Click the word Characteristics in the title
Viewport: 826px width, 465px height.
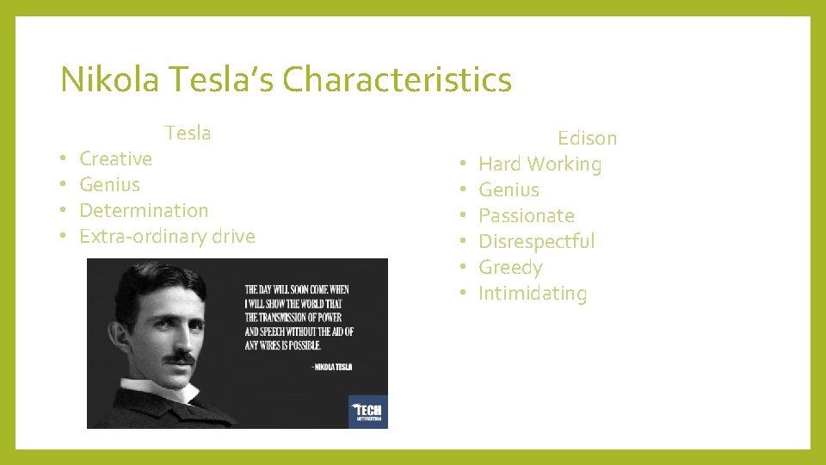click(x=397, y=80)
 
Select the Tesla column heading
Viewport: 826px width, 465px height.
click(x=188, y=133)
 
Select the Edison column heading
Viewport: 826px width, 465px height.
click(x=587, y=138)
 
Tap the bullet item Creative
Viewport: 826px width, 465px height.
click(x=115, y=158)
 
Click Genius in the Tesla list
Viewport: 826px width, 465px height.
click(x=109, y=184)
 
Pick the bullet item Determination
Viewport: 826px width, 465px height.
click(x=144, y=210)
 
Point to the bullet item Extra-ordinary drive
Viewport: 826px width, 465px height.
click(x=167, y=236)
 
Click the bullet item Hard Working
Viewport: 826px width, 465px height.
click(x=539, y=164)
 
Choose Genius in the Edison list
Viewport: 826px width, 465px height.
click(x=509, y=189)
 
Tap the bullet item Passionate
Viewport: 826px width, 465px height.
click(x=526, y=215)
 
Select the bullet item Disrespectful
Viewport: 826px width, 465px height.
click(x=536, y=241)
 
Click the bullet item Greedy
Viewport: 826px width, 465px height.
click(x=510, y=267)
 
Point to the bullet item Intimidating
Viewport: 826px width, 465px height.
click(x=533, y=293)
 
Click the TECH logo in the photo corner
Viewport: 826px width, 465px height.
click(x=367, y=412)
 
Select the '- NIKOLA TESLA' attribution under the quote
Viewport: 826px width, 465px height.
click(x=331, y=367)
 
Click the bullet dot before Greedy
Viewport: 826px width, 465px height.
click(x=463, y=268)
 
